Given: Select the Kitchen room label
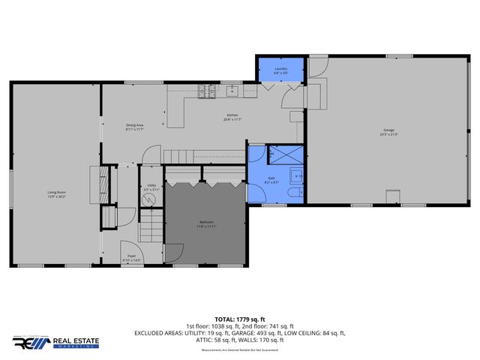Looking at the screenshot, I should [x=232, y=116].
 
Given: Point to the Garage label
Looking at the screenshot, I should [x=388, y=133].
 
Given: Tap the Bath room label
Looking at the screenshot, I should [x=271, y=179].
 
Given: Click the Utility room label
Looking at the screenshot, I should [x=151, y=187].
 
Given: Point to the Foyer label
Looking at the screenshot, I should [x=130, y=257].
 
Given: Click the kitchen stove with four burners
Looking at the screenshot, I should [x=206, y=92].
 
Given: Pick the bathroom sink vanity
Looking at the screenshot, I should [x=297, y=178].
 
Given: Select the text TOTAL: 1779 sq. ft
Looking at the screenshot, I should [x=239, y=319].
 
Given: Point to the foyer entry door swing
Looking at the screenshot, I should [x=127, y=249].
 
